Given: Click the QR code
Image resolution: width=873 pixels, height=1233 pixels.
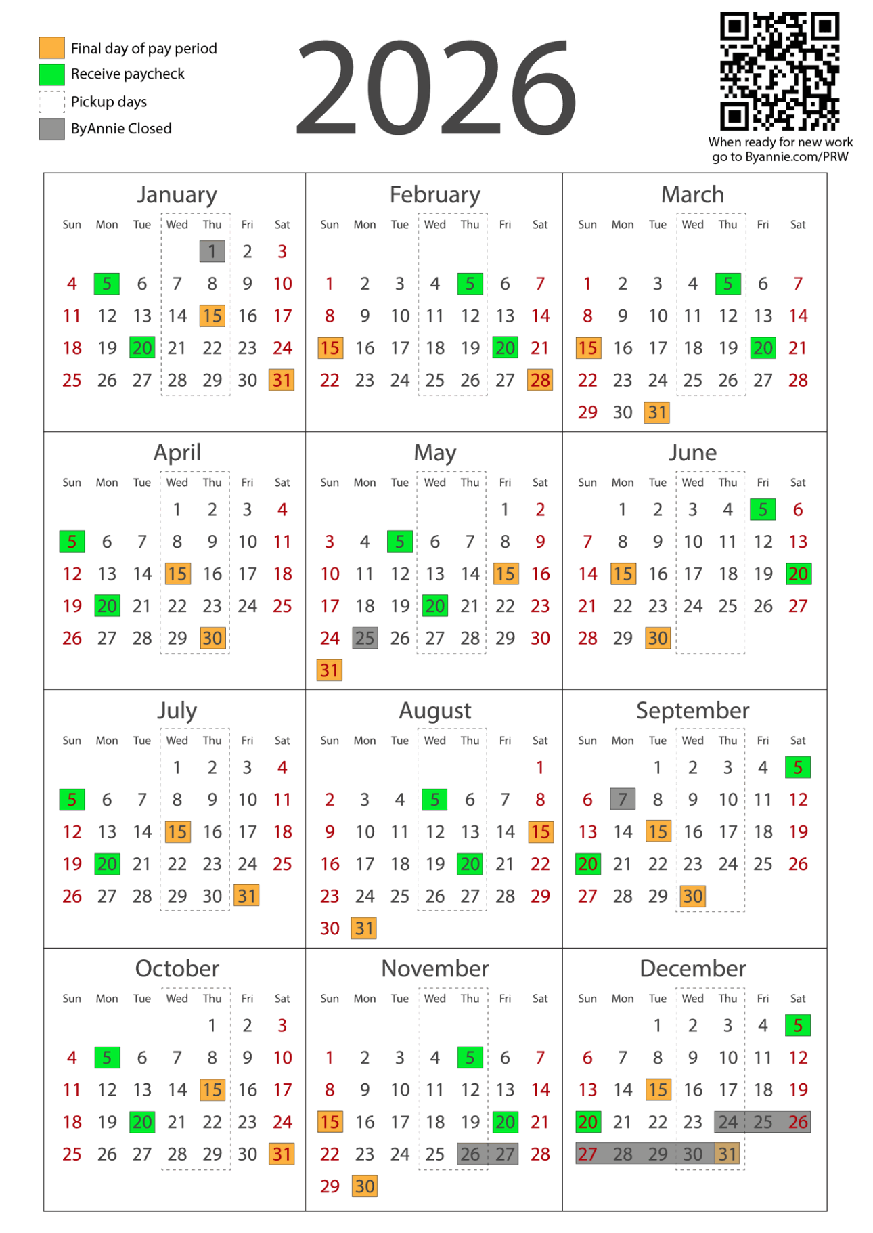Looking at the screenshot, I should coord(779,70).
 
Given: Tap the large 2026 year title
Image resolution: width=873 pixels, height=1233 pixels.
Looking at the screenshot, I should coord(436,88).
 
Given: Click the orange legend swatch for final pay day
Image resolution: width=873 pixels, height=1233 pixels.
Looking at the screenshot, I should coord(52,48).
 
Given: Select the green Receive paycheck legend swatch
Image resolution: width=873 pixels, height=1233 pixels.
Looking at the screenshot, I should coord(52,74).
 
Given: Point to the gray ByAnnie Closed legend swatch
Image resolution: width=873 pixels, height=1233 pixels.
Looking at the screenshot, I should coord(52,129).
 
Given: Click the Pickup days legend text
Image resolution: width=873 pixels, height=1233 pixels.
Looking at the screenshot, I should coord(108,102).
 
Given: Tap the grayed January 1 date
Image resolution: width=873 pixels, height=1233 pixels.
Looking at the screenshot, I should coord(212,251).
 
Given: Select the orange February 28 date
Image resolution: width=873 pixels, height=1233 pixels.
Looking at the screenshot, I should coord(540,380).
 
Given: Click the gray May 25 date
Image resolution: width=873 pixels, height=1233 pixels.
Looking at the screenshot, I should coord(365,638).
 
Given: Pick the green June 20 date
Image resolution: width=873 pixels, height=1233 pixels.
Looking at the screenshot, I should coord(798,574).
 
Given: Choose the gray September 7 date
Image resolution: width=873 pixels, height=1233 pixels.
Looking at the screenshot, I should coord(623,799).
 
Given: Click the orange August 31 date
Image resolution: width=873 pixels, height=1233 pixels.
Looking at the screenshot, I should coord(365,928).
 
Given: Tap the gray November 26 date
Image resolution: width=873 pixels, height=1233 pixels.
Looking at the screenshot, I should coord(470,1154).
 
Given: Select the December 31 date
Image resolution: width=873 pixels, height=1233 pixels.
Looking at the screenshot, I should coord(727,1154).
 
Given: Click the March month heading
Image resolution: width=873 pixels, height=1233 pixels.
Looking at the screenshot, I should coord(692,194).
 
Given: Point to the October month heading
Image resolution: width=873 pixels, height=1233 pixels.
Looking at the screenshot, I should coord(177,968).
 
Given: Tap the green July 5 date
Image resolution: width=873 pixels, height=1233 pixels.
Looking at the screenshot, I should coord(72,799).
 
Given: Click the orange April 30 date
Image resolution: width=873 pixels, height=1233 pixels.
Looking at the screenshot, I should coord(212,638).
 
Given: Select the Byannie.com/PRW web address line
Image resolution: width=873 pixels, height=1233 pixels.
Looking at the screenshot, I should coord(780,157).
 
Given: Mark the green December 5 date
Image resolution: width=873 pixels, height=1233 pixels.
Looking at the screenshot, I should coord(798,1025).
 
